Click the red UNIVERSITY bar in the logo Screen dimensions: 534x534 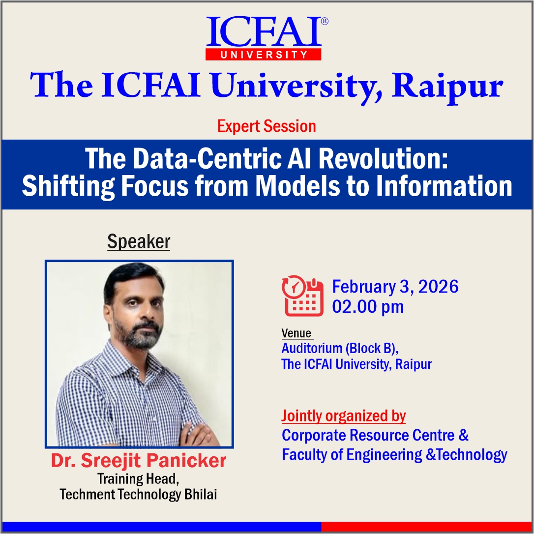[x=263, y=54]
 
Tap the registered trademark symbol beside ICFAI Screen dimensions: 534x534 [x=324, y=22]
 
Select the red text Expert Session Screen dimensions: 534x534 [x=267, y=126]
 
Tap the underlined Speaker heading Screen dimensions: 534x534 [x=139, y=242]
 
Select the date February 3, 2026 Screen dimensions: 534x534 [x=395, y=286]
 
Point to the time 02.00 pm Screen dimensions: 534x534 [x=368, y=307]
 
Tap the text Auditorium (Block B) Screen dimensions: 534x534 [x=339, y=348]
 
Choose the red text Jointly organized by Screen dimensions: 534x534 [x=343, y=416]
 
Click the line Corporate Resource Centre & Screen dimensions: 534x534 [x=375, y=435]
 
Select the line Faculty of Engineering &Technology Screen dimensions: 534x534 [x=394, y=455]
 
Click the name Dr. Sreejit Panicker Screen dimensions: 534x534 [x=139, y=461]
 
